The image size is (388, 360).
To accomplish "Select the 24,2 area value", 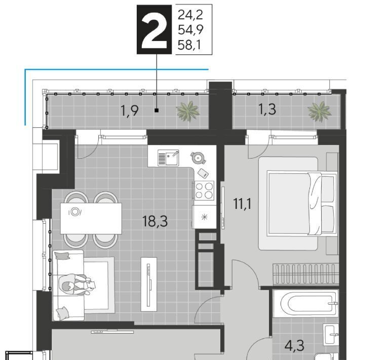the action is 190,15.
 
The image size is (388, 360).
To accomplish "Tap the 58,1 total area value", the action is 189,45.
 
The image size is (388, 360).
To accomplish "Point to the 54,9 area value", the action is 190,30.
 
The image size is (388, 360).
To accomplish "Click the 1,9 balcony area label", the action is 129,111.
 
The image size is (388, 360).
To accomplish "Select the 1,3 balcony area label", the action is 267,109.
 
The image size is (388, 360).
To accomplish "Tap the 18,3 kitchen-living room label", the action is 155,221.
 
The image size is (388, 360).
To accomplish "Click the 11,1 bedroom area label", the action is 243,204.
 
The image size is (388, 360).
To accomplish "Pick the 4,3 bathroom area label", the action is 294,346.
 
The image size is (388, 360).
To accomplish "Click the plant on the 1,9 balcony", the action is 188,111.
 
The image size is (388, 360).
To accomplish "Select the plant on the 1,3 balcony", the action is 319,111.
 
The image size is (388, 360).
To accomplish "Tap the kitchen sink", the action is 168,158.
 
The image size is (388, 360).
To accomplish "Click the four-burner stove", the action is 204,191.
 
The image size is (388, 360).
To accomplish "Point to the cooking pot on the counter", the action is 198,158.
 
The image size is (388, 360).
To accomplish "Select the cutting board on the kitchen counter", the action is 204,173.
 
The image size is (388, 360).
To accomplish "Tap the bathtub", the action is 306,304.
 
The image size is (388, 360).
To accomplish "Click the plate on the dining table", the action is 75,212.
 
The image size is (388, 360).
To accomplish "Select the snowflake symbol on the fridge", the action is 204,218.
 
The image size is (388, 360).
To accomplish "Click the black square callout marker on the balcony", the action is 157,111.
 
